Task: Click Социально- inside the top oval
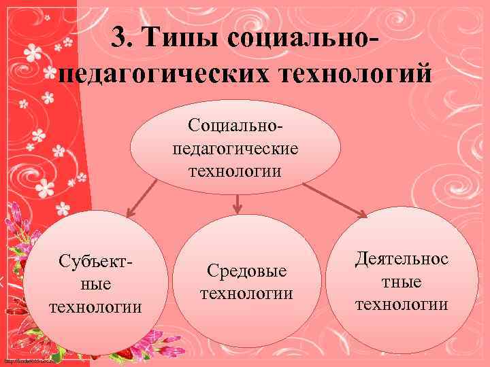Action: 235,125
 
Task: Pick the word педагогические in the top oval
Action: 235,147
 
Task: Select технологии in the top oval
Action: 235,169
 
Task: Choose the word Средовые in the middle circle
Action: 246,271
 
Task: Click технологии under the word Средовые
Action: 246,294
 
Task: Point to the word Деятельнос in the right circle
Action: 402,258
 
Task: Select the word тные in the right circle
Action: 402,281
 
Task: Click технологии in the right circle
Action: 402,303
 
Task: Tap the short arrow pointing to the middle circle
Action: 236,202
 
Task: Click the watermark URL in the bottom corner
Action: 27,361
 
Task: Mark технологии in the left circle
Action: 95,306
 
